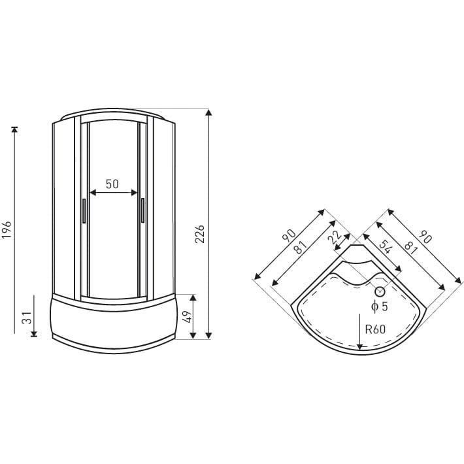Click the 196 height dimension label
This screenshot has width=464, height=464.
(7, 229)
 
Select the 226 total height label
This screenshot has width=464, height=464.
(200, 234)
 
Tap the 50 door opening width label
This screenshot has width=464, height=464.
(112, 184)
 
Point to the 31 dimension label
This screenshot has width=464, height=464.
(27, 318)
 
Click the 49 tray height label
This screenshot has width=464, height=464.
(187, 316)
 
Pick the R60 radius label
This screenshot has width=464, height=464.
(375, 329)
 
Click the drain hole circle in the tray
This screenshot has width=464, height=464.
(380, 291)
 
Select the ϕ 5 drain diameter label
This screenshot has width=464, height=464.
(379, 307)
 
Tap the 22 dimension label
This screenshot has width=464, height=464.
(335, 237)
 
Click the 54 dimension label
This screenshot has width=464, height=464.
(385, 247)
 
